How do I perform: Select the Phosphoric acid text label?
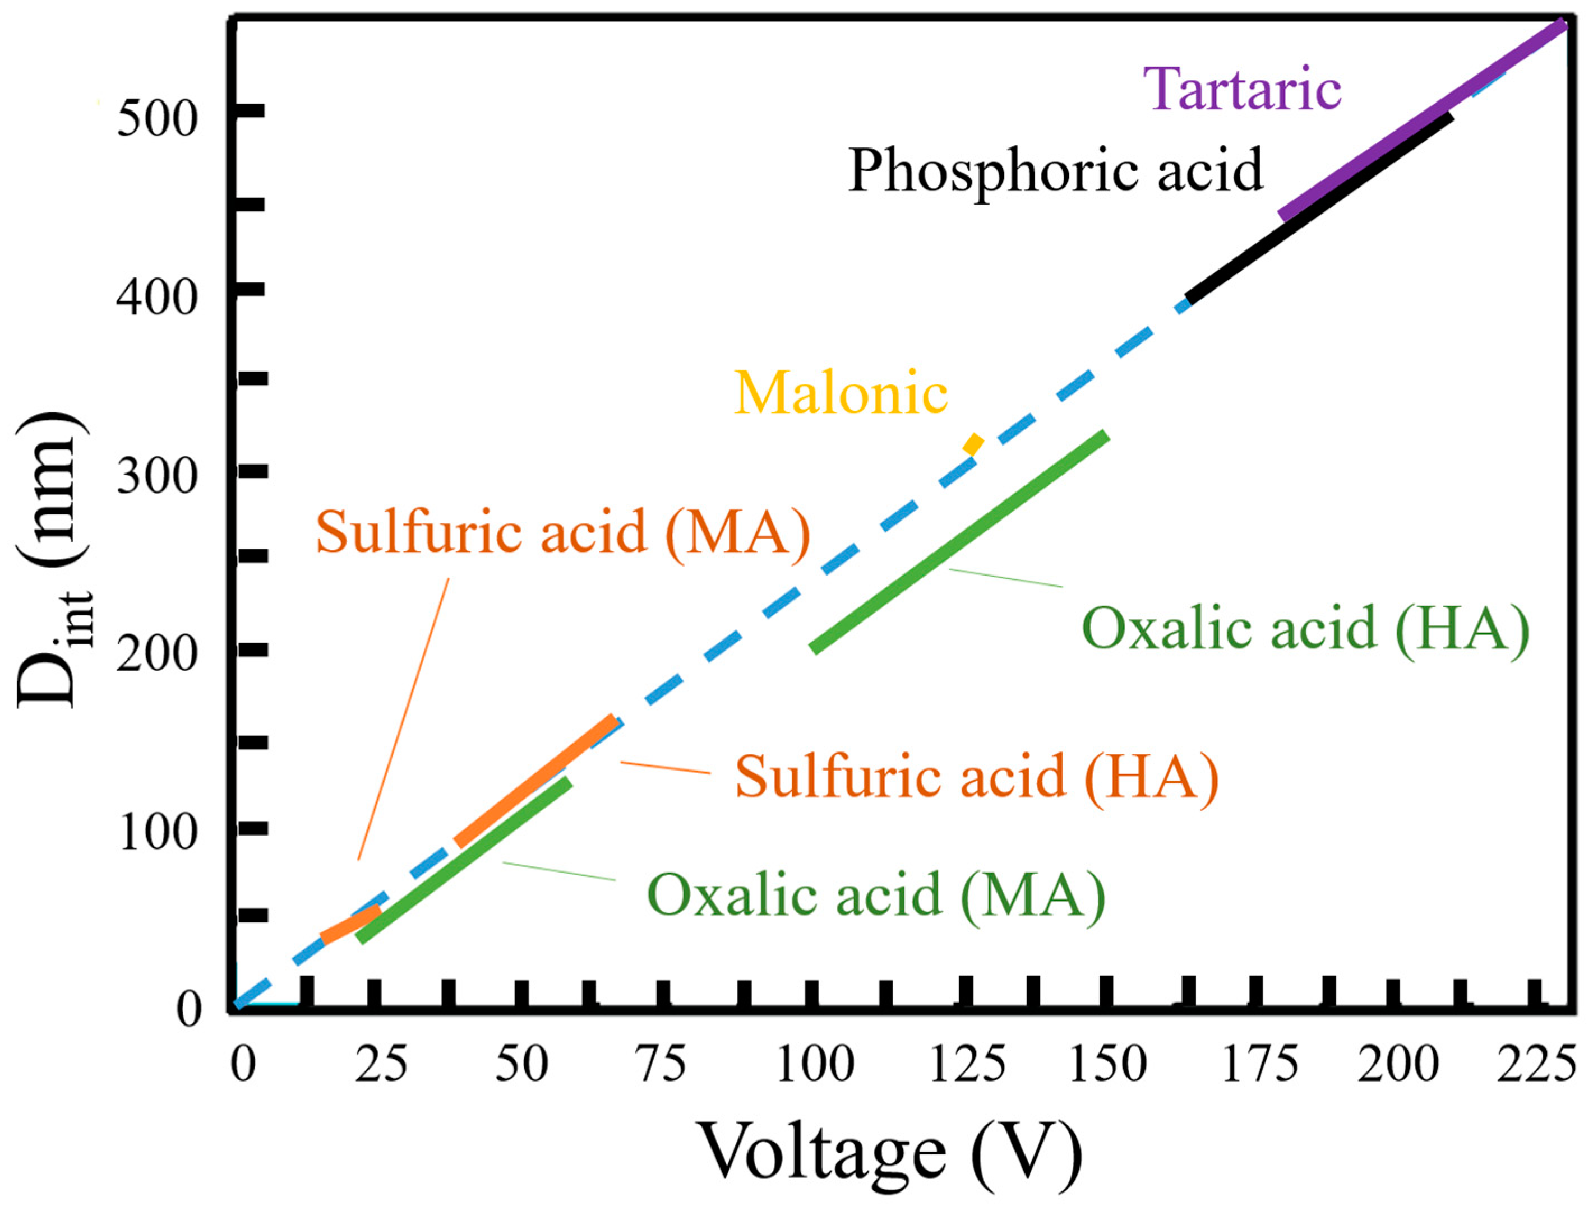pos(1055,171)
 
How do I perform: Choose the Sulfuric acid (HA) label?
pos(976,777)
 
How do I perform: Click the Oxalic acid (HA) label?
pos(1305,629)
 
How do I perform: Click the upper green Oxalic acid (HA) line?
pos(959,541)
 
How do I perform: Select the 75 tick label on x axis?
pos(663,1063)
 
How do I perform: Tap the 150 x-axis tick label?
pos(1107,1063)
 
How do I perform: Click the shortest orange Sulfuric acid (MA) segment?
pos(350,926)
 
